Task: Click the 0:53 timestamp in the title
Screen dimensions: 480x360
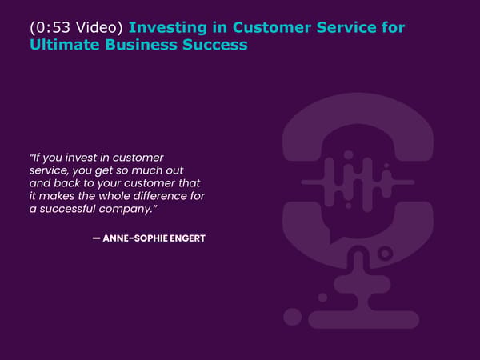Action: click(54, 27)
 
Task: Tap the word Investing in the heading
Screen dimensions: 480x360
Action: click(168, 28)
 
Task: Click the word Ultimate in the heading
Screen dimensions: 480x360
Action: click(65, 45)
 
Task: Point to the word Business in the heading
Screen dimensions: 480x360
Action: click(141, 45)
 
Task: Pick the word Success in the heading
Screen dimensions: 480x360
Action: click(215, 45)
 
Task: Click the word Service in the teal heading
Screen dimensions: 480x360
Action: click(346, 27)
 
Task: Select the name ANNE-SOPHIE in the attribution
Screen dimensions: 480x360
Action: click(135, 238)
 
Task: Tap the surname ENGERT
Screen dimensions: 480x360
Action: click(187, 238)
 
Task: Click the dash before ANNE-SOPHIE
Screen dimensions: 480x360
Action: click(97, 238)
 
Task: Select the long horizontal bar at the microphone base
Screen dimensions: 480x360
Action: click(364, 319)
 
